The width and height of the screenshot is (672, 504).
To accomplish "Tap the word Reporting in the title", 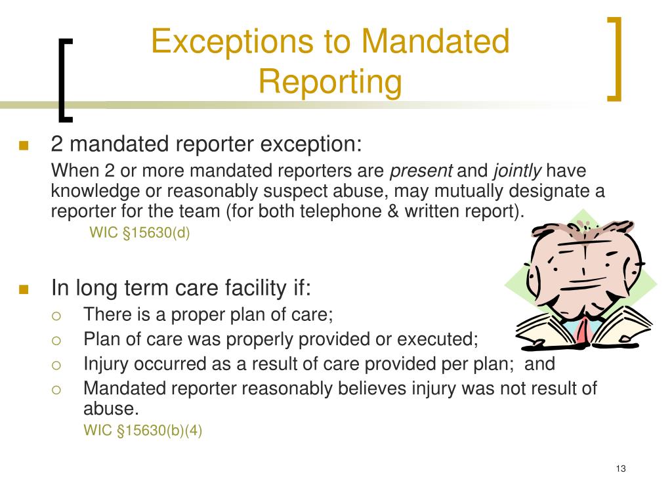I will coord(329,82).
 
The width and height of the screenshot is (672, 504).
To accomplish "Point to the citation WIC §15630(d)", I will coord(139,232).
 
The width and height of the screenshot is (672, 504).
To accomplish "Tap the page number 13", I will coord(621,468).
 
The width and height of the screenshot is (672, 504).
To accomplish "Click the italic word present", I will coord(421,171).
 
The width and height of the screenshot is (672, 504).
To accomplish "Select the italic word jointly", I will coord(517,171).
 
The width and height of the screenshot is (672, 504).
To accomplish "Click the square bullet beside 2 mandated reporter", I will coord(24,146).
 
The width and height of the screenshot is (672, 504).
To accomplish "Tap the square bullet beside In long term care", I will coord(24,289).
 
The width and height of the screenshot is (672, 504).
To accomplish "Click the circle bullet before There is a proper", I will coord(56,316).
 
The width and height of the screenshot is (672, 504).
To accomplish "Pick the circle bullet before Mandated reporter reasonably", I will coord(56,389).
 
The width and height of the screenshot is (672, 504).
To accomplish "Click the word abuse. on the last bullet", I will coord(111,409).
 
